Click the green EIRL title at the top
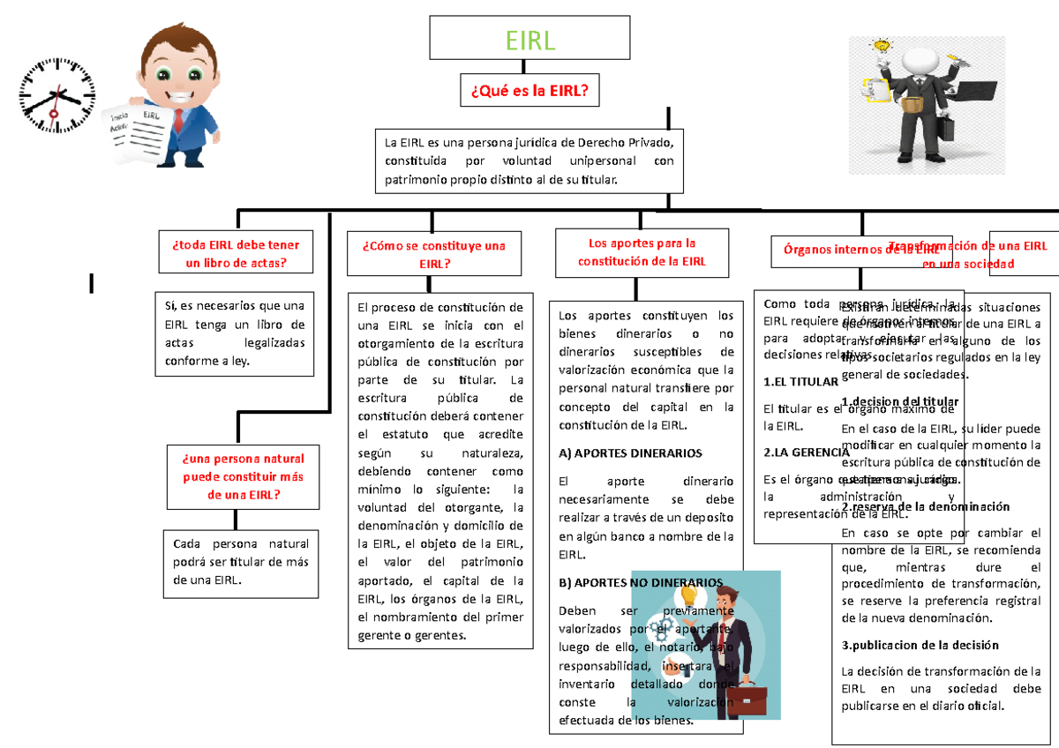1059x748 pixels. pyautogui.click(x=529, y=40)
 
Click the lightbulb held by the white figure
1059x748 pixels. pyautogui.click(x=880, y=45)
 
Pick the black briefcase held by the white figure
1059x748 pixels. pyautogui.click(x=947, y=129)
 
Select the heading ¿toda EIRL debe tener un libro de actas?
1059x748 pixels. pyautogui.click(x=242, y=254)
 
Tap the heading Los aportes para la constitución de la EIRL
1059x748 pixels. pyautogui.click(x=642, y=252)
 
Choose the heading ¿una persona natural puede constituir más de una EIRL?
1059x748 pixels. pyautogui.click(x=243, y=476)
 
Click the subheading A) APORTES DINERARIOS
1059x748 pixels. pyautogui.click(x=630, y=453)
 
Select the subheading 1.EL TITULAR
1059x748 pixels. pyautogui.click(x=800, y=382)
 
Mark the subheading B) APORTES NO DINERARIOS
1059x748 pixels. pyautogui.click(x=641, y=582)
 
